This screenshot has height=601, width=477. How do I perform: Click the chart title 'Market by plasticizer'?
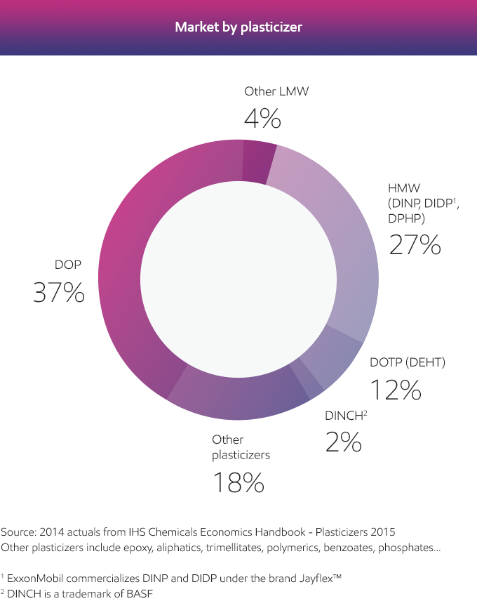click(x=238, y=27)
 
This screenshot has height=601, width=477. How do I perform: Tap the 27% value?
click(x=415, y=244)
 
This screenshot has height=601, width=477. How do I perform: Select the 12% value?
click(x=395, y=390)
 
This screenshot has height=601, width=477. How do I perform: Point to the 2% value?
click(x=343, y=442)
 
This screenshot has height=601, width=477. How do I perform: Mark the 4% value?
click(x=262, y=119)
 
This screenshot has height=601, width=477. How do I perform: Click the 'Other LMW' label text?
click(x=276, y=91)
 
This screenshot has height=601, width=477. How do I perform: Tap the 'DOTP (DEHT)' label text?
click(x=408, y=362)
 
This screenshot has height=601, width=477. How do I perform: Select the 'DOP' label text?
click(x=68, y=265)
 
